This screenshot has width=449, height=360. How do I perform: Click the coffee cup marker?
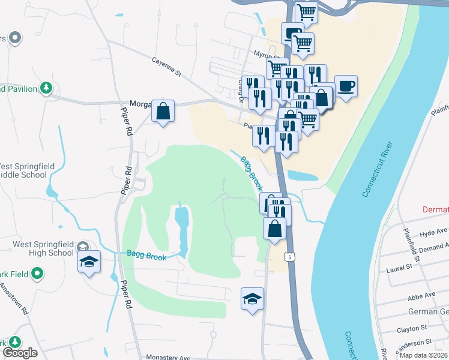click(x=345, y=86)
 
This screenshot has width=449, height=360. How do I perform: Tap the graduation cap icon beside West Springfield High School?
click(x=89, y=262)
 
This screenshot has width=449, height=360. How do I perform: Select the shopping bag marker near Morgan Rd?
click(x=163, y=110)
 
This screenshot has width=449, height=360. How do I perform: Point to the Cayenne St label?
click(x=166, y=67)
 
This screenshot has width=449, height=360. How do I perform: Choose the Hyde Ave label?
click(x=434, y=232)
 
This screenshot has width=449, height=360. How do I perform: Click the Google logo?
click(x=20, y=353)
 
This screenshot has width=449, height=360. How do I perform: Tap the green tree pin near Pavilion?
click(x=46, y=88)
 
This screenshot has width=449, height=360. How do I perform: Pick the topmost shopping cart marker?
click(x=306, y=11)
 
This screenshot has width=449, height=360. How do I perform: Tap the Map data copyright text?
click(x=423, y=355)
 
